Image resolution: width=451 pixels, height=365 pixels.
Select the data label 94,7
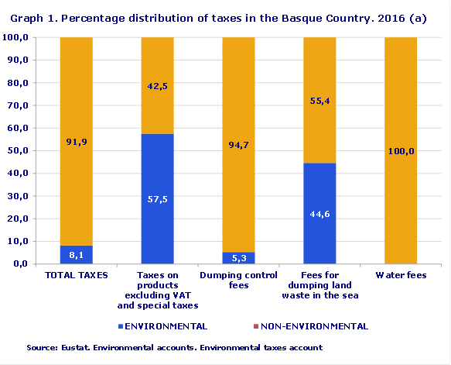point(238,144)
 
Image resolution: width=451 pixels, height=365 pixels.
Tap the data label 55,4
point(319,100)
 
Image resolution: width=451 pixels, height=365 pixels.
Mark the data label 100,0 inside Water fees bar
point(400,151)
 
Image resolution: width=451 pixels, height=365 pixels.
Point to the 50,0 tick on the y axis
point(16,150)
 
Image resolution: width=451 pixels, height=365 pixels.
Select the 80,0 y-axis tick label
point(16,83)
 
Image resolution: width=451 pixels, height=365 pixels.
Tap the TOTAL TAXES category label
point(77,275)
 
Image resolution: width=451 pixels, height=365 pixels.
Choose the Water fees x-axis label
point(400,275)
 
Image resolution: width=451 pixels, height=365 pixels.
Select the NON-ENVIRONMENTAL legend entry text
point(323,326)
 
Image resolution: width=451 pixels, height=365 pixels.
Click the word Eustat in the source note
point(74,348)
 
